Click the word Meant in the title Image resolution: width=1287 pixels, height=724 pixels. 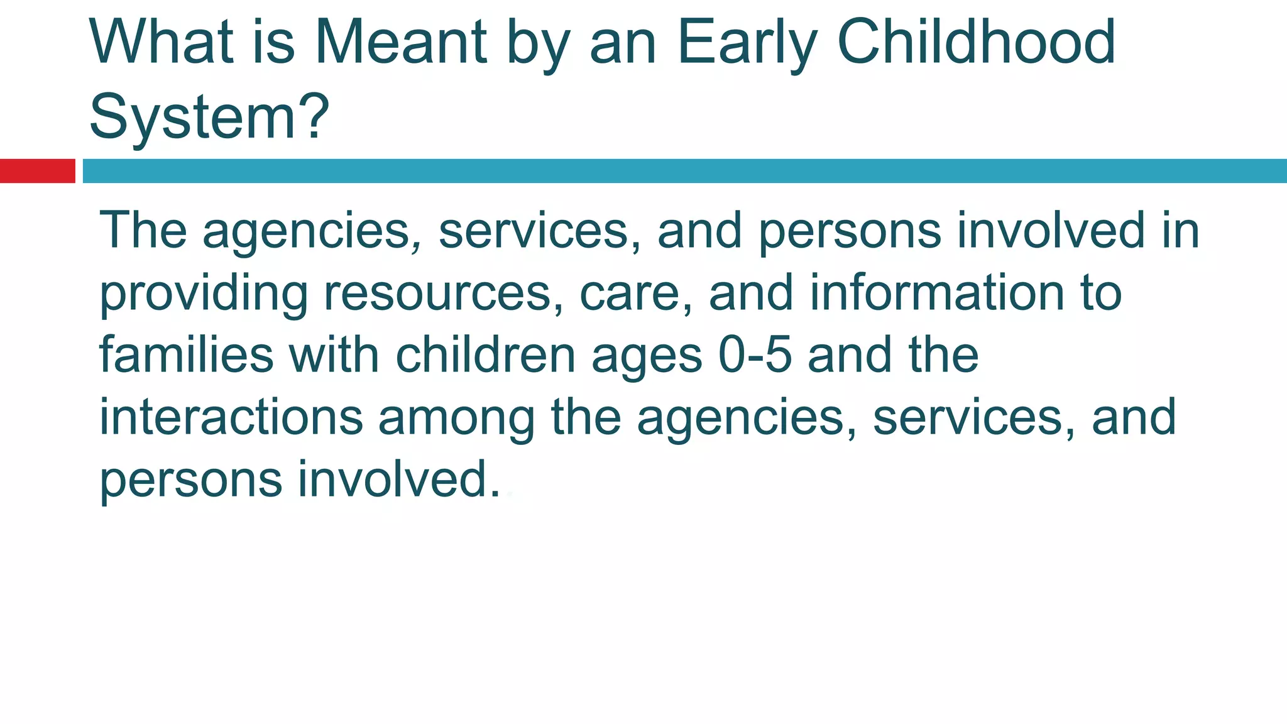[x=400, y=43]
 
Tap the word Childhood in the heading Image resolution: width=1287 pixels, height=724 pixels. [x=976, y=43]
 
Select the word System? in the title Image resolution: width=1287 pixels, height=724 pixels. [x=209, y=117]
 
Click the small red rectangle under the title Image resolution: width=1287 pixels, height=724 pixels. [x=37, y=171]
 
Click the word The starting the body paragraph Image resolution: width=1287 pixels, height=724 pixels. [x=143, y=230]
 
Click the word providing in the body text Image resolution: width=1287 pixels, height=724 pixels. [x=204, y=294]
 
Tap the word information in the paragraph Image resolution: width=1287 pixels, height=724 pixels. [x=936, y=293]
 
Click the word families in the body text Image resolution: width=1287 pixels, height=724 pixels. [x=186, y=355]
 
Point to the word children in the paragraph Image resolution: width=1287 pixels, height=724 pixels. [x=485, y=355]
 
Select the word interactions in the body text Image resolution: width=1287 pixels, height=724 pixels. [x=231, y=417]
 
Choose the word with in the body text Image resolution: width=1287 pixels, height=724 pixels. [x=334, y=355]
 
